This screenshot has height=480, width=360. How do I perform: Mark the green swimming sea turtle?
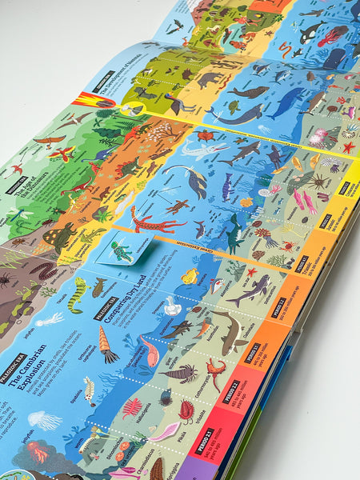(233, 106)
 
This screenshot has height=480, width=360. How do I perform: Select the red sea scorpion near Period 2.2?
(215, 370)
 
